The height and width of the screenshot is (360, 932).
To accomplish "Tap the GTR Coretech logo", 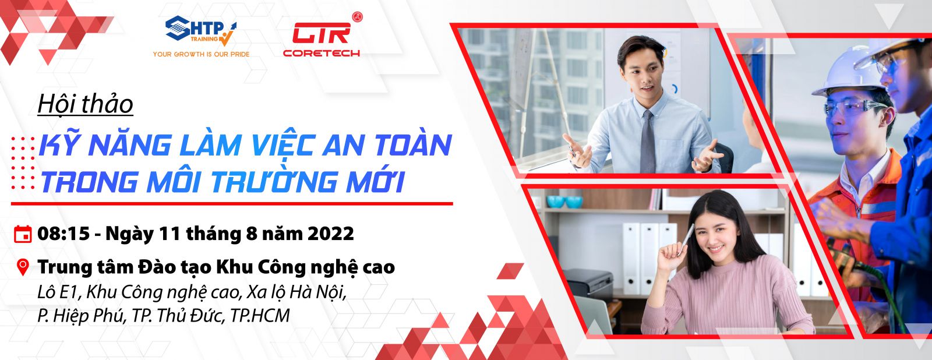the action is coord(322,36).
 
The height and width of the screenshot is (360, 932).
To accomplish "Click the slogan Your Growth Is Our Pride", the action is coord(201,54).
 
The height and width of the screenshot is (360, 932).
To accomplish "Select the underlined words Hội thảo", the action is coord(85,104).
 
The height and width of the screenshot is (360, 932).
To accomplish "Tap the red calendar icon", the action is coord(23,234).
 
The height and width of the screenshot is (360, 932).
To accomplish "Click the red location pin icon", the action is coord(23,267).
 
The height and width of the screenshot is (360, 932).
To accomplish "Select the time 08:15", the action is coord(63,234).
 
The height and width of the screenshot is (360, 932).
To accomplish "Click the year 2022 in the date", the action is coord(331,234).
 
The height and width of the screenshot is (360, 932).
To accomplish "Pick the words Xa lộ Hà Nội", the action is coord(296,292).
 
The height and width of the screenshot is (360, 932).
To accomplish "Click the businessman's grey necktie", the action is coord(647,142).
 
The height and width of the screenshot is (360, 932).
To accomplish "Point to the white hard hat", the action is coord(841,75).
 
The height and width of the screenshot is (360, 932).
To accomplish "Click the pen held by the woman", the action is coord(685,239).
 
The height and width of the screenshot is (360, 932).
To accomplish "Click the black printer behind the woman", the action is coord(591,284).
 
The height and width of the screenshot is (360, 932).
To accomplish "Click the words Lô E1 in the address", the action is coord(58,292).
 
